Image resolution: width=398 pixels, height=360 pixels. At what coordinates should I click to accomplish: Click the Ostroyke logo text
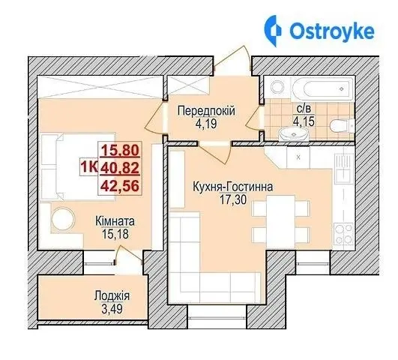(x=332, y=31)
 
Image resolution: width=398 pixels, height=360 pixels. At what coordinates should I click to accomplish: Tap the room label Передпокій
(x=206, y=111)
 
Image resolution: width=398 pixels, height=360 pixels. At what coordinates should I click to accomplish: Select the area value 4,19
(x=206, y=124)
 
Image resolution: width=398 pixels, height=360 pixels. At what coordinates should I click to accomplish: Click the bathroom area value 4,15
(x=304, y=121)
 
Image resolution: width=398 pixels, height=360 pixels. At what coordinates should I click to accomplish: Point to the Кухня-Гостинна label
(x=233, y=187)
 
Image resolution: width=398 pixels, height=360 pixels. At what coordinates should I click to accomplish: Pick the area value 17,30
(x=233, y=199)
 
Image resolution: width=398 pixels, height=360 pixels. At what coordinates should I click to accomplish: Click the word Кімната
(x=115, y=221)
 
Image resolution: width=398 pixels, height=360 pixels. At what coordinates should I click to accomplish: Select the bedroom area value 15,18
(x=115, y=234)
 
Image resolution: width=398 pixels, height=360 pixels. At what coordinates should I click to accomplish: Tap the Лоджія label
(x=112, y=296)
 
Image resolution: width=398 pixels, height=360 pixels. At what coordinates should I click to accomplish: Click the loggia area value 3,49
(x=112, y=309)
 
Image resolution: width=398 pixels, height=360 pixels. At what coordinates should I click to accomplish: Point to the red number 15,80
(x=121, y=150)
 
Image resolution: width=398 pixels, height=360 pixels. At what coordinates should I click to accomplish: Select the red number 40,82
(x=120, y=168)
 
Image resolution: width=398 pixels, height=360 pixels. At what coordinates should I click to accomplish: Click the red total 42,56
(x=120, y=186)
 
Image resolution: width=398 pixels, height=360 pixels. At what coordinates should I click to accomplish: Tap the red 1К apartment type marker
(x=89, y=167)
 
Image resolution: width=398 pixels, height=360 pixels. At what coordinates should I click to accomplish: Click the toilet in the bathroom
(x=342, y=125)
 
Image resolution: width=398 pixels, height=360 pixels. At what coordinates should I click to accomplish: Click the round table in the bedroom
(x=63, y=219)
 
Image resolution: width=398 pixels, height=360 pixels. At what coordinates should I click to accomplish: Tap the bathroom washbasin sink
(x=294, y=134)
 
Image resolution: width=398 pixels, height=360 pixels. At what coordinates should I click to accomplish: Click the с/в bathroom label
(x=304, y=109)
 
